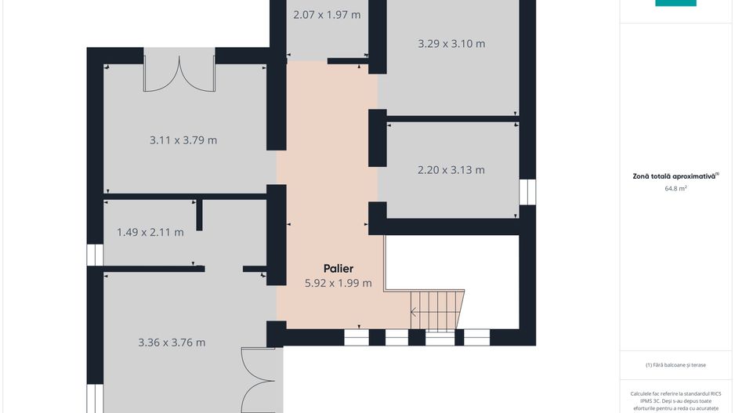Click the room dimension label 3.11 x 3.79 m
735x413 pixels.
[x=183, y=140]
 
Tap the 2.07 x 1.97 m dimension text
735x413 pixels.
[x=327, y=15]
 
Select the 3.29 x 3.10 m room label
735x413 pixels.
[x=451, y=44]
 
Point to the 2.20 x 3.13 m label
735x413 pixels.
[x=451, y=170]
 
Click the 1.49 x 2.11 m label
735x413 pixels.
[x=150, y=233]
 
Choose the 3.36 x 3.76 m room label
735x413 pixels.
[x=172, y=342]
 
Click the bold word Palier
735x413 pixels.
[x=339, y=269]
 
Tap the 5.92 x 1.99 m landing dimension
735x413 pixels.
[x=339, y=283]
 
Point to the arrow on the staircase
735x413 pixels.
[x=415, y=311]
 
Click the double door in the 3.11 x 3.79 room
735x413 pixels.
[x=179, y=74]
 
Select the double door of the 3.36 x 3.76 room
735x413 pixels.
[x=259, y=380]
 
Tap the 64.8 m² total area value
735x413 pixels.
[x=675, y=188]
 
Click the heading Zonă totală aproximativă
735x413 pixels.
[x=674, y=176]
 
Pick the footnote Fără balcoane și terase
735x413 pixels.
[x=675, y=364]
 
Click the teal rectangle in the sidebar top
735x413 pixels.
[x=675, y=3]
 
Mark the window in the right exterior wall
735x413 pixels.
[x=527, y=192]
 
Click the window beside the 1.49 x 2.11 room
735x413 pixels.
[x=95, y=255]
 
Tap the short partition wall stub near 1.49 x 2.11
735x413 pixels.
[x=199, y=216]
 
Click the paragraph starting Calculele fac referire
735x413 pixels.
[x=675, y=401]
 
